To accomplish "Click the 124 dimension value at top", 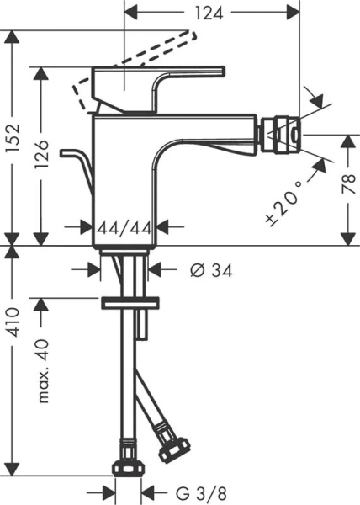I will pos(214,13).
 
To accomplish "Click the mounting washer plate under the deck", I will pos(130,303).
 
